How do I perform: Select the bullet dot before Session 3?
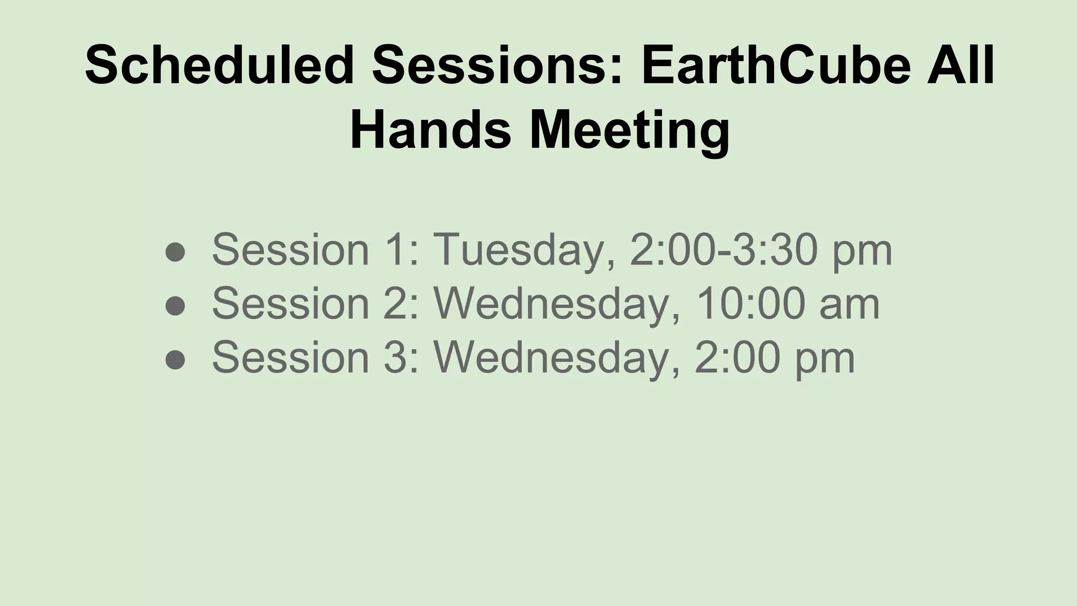[x=175, y=360]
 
